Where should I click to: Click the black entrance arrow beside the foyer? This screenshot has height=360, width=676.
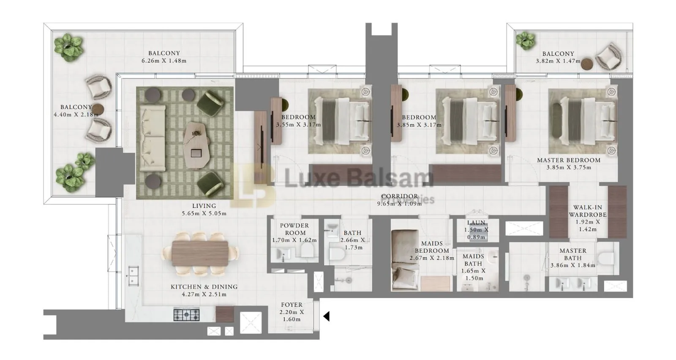tap(326, 316)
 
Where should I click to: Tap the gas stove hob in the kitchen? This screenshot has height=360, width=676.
tap(186, 314)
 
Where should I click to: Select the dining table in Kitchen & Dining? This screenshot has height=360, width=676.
tap(200, 254)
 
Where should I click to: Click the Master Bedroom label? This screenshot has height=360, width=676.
tap(569, 160)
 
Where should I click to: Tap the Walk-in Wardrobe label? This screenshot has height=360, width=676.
tap(588, 211)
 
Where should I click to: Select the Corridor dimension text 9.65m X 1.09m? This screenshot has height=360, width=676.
tap(399, 204)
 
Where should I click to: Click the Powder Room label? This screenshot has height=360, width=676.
tap(294, 229)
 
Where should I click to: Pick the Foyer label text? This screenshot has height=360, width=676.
tap(292, 305)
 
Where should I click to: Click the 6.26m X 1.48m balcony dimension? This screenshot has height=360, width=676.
tap(164, 61)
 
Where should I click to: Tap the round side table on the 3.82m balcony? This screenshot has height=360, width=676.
tap(587, 64)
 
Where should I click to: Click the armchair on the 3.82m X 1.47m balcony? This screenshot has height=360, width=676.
tap(609, 56)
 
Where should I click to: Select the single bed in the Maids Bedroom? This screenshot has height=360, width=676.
tap(405, 260)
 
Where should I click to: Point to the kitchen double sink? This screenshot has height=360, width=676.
tap(133, 276)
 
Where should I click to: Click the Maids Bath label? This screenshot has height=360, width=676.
tap(473, 260)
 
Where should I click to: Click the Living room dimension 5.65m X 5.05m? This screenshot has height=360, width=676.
tap(204, 213)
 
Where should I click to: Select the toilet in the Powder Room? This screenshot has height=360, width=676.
tap(307, 250)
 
